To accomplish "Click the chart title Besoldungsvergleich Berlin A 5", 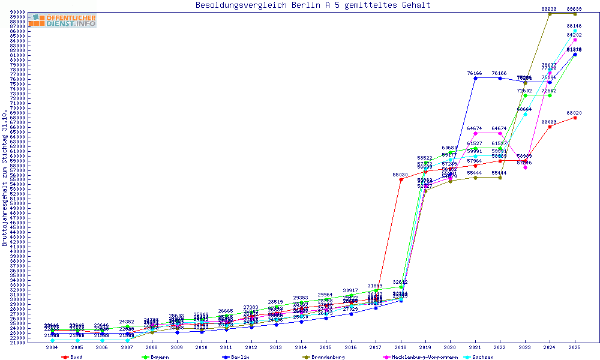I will pos(313,5).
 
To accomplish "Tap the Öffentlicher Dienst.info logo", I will pos(62,20).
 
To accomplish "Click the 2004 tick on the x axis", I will pos(52,347).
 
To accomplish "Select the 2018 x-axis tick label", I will pos(401,347).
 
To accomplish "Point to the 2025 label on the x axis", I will pos(575,347).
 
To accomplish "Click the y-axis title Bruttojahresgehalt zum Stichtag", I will pos(5,178).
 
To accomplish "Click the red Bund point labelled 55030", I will pos(401,179).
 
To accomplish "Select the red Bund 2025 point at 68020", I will pos(575,118).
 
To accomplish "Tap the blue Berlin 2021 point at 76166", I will pos(475,78).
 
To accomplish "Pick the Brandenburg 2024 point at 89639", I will pos(550,13).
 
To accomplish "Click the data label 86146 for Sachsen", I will pos(575,26).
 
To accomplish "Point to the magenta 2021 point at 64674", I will pos(475,133).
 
